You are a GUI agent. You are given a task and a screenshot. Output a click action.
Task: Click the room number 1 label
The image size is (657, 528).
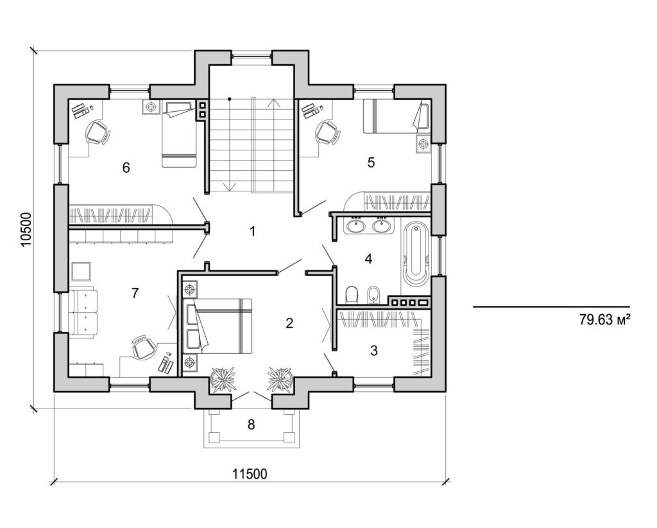tap(253, 231)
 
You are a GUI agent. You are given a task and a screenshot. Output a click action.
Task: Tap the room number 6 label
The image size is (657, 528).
tap(126, 168)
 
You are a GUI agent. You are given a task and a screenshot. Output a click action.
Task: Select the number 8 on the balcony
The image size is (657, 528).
tap(251, 425)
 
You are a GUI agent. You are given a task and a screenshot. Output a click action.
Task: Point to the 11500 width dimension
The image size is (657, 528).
tap(250, 474)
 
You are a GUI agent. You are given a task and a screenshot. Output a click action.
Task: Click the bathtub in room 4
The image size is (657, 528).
tap(415, 255)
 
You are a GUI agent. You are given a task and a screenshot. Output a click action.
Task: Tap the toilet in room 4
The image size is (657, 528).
tap(351, 295)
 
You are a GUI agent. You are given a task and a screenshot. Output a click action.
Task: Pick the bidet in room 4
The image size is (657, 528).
tap(374, 295)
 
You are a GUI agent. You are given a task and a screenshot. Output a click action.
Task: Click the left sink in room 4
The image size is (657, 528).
tap(355, 225)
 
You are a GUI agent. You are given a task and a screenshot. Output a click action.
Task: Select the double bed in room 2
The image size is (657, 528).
tap(221, 326)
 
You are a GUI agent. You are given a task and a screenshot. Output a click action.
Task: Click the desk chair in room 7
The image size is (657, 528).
tap(143, 348)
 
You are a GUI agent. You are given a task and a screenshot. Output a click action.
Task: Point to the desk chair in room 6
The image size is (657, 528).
tap(98, 133)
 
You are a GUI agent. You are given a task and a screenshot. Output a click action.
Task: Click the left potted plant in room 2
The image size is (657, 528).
tap(223, 378)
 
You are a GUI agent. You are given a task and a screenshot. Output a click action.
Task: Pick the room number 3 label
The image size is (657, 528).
tap(374, 351)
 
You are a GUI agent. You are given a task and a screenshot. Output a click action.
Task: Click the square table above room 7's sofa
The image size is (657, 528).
tap(81, 272)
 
